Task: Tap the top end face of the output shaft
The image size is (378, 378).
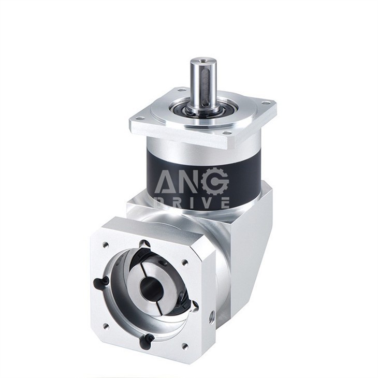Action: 201,62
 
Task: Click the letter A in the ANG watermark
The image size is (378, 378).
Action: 165,182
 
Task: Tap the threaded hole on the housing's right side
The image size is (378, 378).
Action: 211,315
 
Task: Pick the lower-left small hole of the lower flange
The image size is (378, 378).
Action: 105,326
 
